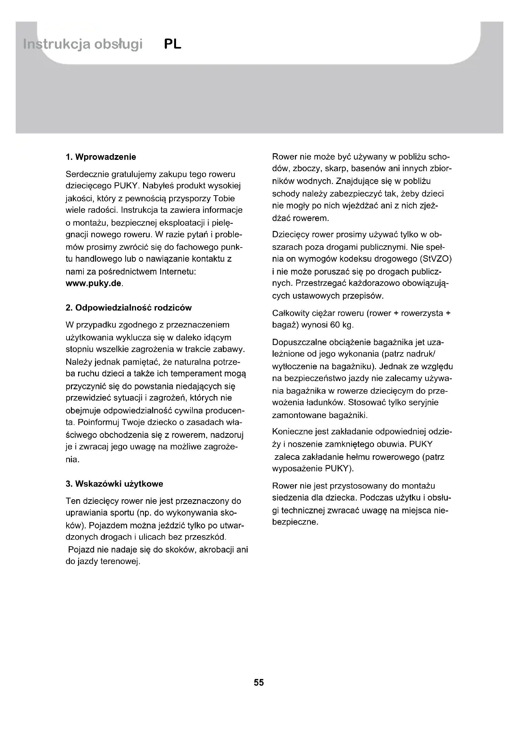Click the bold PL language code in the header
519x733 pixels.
(x=173, y=44)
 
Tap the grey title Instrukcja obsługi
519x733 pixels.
(x=83, y=45)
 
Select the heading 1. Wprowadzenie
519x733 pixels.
(x=101, y=157)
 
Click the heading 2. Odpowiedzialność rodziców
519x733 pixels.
(x=128, y=308)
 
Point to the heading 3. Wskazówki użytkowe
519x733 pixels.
(x=115, y=484)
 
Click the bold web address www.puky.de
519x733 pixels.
(x=94, y=284)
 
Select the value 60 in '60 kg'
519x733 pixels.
(x=335, y=325)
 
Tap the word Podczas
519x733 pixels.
(x=377, y=498)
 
